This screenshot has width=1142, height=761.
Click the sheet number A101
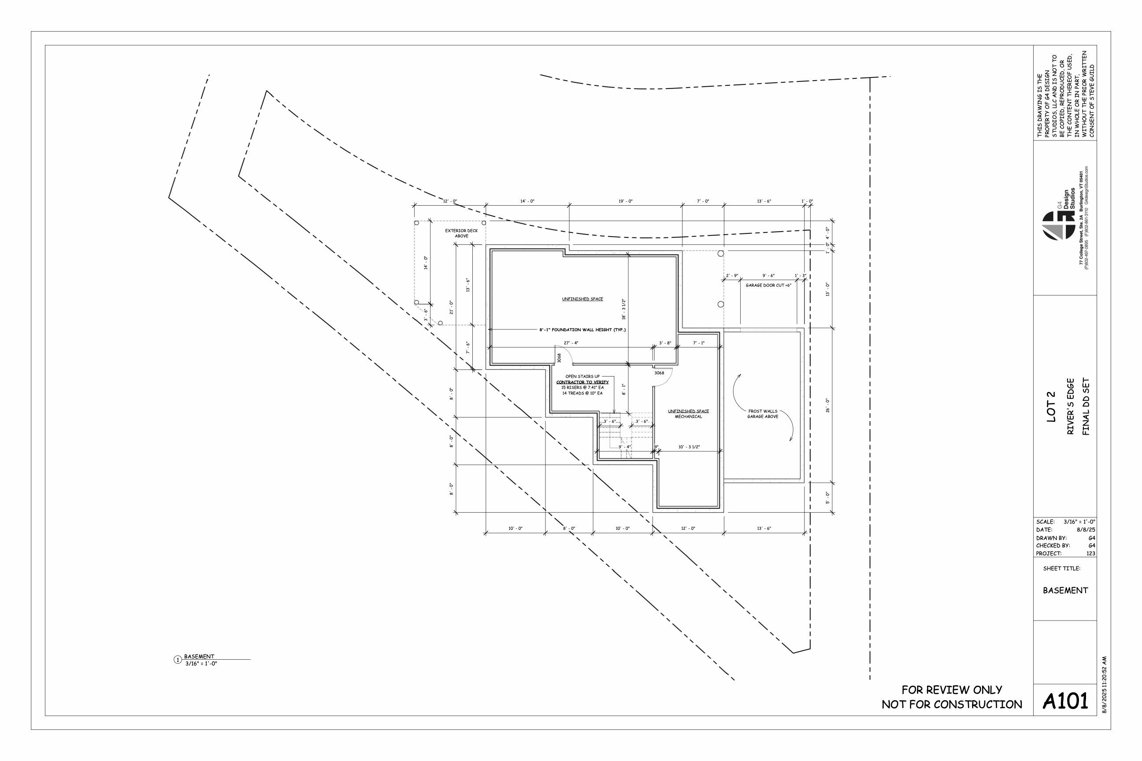click(x=1065, y=701)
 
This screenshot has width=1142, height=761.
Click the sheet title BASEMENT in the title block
click(x=1065, y=590)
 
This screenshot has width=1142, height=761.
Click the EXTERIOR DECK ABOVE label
click(x=461, y=233)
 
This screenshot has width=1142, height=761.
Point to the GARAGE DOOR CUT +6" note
click(x=768, y=285)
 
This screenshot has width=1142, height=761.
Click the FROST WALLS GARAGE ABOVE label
click(x=762, y=414)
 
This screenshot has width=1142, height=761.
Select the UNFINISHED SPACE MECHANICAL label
click(x=688, y=414)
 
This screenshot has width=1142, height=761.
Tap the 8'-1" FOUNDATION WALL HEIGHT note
click(x=582, y=330)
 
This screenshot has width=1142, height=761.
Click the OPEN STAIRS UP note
click(x=582, y=377)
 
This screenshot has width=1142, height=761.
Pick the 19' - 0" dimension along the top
click(x=625, y=201)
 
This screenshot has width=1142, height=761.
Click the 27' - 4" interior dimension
click(x=571, y=343)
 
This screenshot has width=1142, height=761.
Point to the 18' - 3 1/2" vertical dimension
click(x=624, y=309)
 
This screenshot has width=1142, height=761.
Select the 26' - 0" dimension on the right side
click(x=828, y=405)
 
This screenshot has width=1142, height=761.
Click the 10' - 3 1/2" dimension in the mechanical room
click(x=689, y=447)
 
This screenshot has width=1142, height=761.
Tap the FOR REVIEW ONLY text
click(x=952, y=690)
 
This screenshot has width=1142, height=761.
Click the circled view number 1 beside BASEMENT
click(x=178, y=660)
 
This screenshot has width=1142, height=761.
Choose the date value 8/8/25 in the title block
click(x=1086, y=530)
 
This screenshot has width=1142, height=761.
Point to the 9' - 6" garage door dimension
click(x=768, y=276)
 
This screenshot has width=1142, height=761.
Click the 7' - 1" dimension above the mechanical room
click(x=698, y=343)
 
